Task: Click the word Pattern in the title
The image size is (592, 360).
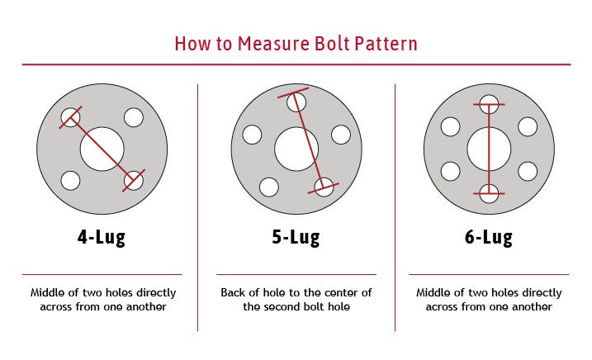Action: click(x=387, y=43)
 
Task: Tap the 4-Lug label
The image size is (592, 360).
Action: click(x=102, y=239)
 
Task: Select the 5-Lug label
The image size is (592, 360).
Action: click(x=296, y=239)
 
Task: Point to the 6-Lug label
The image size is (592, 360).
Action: click(x=489, y=239)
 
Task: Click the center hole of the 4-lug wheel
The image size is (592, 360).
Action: click(x=102, y=149)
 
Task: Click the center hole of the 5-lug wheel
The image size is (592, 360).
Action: click(x=296, y=149)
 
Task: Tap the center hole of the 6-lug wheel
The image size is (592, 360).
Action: click(x=489, y=149)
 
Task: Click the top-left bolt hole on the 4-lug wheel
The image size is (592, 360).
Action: click(x=71, y=118)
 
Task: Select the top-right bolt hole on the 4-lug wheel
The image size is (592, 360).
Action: click(x=134, y=118)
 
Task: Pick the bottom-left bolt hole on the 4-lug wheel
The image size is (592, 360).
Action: click(x=71, y=180)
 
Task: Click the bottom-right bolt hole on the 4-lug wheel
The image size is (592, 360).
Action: click(x=133, y=180)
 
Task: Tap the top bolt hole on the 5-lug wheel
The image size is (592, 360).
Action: click(x=296, y=102)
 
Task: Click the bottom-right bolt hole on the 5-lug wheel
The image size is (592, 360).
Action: click(x=324, y=187)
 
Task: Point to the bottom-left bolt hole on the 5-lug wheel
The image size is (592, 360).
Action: click(x=268, y=187)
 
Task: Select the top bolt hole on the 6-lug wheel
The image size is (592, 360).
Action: click(x=489, y=104)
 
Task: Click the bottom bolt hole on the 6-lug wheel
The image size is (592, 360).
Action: click(x=489, y=194)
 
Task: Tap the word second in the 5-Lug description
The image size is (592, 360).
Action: click(x=295, y=306)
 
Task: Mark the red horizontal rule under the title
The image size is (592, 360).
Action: click(x=296, y=64)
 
